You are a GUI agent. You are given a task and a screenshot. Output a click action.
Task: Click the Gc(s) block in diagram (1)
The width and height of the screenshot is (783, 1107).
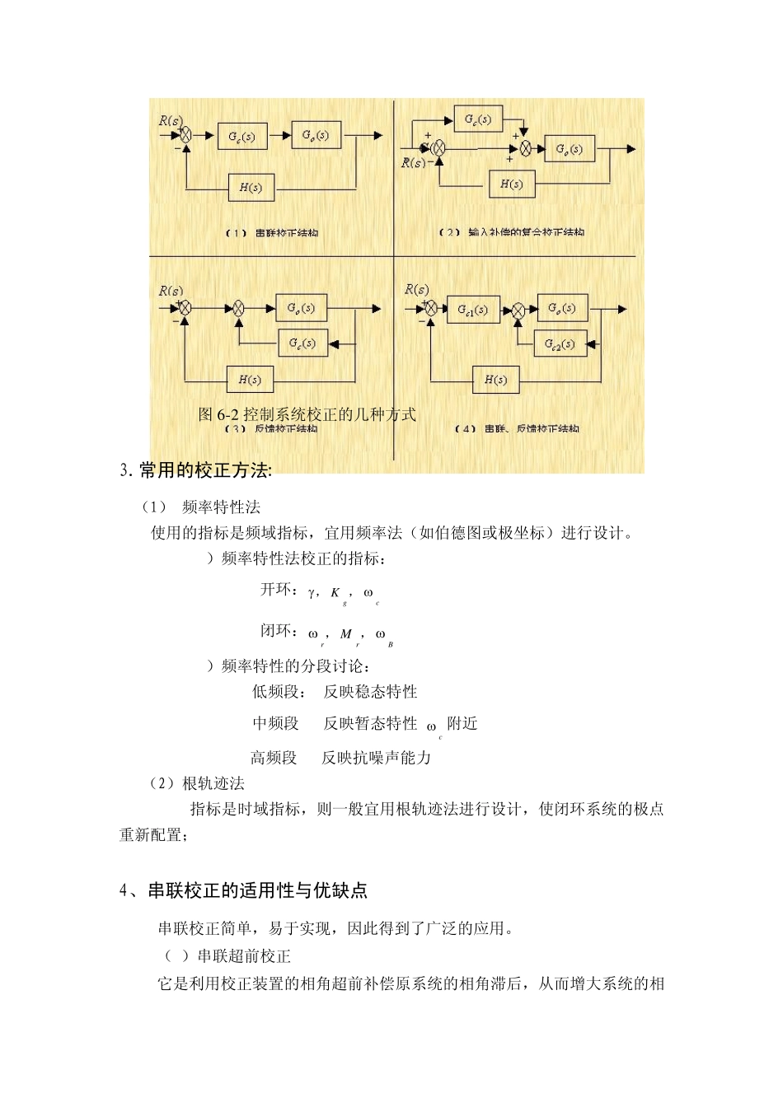point(242,136)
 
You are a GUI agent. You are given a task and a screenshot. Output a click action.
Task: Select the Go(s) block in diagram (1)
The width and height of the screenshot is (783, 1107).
point(316,135)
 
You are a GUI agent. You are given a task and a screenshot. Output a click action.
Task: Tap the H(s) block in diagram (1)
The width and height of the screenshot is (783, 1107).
point(251,188)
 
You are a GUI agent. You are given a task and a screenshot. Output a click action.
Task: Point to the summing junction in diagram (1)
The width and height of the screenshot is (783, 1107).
point(186,135)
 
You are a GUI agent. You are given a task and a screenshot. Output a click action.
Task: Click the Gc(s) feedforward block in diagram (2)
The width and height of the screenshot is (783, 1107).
point(478,119)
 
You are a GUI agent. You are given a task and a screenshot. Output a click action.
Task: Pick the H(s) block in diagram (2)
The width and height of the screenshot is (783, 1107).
point(512,184)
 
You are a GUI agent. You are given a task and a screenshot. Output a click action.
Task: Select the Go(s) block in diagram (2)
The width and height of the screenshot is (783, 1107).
point(570,149)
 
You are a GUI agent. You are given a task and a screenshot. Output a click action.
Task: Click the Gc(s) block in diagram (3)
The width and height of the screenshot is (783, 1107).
point(302,343)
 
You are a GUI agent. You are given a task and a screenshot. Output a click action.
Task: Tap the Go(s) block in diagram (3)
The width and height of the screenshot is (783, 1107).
point(301,308)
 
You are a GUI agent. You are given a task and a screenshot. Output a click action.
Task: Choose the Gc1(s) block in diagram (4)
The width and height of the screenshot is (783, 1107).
point(473,310)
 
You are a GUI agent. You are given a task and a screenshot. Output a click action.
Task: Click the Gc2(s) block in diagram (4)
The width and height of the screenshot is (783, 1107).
point(560,344)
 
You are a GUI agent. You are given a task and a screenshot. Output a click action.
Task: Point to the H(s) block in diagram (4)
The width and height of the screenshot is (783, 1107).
point(495,380)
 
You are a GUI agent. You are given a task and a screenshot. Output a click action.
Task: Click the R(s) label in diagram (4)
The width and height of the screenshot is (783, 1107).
point(417,289)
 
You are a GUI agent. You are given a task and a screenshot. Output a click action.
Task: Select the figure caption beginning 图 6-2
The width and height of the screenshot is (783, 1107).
point(307,414)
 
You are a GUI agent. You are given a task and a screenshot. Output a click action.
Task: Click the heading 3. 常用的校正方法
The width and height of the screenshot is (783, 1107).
point(196,470)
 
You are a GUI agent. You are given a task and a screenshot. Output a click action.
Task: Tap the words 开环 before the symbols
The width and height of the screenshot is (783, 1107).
point(276,589)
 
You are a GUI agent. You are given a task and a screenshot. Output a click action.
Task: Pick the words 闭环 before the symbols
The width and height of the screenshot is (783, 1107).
point(276,631)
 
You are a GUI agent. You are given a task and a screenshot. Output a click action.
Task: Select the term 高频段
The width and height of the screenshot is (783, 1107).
point(274,758)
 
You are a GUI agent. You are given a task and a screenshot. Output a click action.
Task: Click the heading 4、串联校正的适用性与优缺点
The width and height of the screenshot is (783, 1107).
point(243,890)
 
